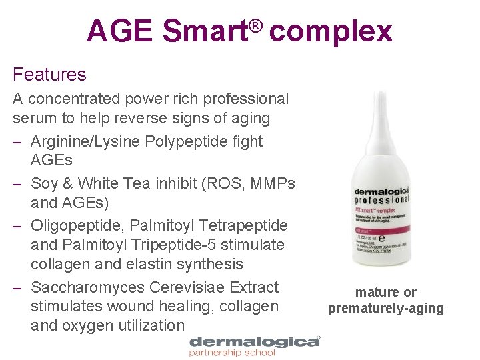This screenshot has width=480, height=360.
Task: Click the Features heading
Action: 49,74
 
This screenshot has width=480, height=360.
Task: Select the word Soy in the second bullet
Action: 46,183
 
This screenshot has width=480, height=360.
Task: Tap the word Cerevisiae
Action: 188,287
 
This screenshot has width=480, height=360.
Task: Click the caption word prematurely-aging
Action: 385,308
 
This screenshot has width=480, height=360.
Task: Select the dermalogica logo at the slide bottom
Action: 254,343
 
